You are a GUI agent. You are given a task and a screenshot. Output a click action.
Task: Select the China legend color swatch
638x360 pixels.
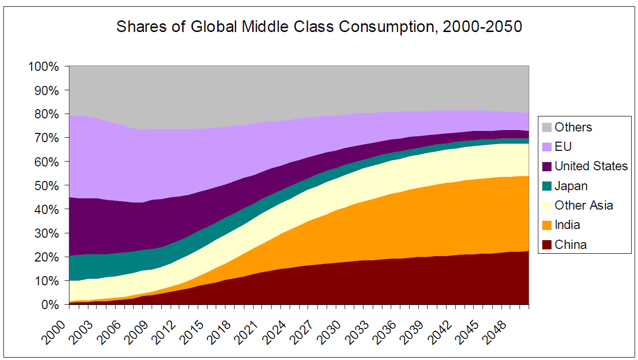point(546,245)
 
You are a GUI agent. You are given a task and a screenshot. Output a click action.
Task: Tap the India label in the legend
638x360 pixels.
point(567,225)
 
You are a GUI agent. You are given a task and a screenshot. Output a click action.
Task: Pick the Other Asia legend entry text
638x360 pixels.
point(584,205)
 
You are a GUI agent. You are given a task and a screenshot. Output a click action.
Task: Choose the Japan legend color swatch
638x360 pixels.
point(546,186)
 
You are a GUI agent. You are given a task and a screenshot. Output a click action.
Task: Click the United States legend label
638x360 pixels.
point(591,166)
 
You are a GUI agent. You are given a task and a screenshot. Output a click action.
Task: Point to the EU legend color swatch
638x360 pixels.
point(546,147)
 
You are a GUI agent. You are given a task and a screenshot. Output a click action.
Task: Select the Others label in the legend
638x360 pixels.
point(573,127)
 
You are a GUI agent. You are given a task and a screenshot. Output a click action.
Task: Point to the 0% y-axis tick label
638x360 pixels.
point(50,305)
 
